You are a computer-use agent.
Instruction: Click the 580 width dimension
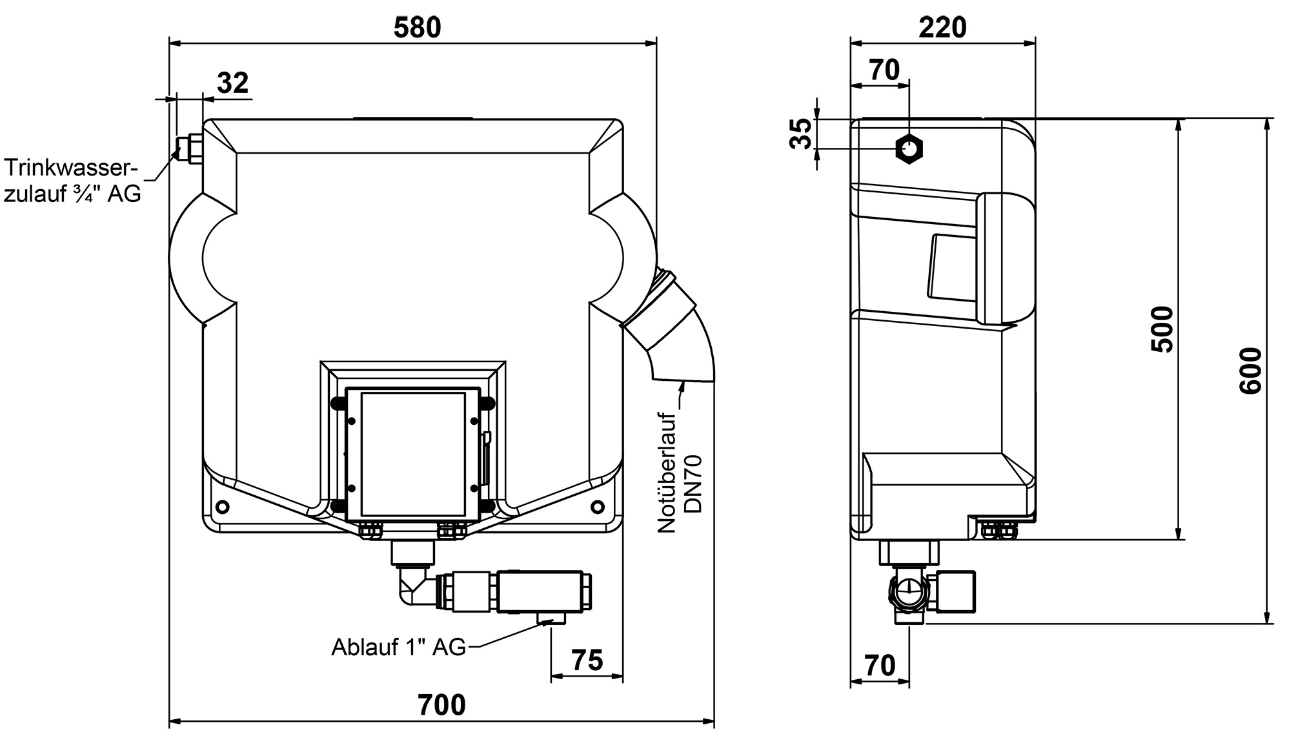pos(418,28)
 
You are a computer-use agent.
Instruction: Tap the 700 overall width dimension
pos(441,705)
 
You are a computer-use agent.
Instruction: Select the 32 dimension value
pos(232,83)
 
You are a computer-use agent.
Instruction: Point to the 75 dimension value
pos(587,660)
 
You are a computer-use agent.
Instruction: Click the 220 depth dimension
pos(943,28)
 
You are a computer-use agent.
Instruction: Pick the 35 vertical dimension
pos(802,134)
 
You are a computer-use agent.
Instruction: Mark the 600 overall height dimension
pos(1250,371)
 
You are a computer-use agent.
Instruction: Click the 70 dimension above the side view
pos(884,70)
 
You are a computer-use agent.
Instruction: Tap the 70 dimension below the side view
pos(879,665)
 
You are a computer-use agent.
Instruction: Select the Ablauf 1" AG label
pos(398,646)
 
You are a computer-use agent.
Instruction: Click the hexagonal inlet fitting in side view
pos(909,149)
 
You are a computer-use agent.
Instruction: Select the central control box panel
pos(413,452)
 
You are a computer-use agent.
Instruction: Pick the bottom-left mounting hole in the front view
pos(223,506)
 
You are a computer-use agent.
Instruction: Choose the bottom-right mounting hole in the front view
pos(598,506)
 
